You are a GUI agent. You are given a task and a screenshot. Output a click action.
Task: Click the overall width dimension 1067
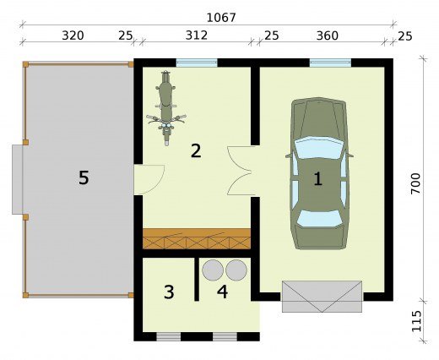click(221, 18)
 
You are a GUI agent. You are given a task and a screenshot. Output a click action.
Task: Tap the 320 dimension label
click(73, 35)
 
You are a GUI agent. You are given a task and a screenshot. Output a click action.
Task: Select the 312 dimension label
click(197, 35)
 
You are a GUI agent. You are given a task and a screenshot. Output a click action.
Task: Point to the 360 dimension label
click(328, 35)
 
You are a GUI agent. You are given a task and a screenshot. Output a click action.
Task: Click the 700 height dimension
click(415, 183)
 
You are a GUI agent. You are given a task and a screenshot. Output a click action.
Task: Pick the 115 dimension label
click(416, 321)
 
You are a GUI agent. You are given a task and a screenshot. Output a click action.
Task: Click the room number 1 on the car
click(318, 179)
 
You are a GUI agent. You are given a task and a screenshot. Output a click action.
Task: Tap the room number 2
click(196, 150)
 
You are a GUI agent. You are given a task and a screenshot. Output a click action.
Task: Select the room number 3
click(169, 292)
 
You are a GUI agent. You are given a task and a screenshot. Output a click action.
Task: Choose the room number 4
click(222, 292)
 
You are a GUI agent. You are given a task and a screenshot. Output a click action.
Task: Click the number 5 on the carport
click(84, 178)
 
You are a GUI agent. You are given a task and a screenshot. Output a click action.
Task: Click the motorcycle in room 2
click(166, 108)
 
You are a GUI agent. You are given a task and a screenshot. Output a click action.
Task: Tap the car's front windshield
click(319, 148)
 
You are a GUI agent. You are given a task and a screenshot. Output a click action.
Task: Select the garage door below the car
click(322, 297)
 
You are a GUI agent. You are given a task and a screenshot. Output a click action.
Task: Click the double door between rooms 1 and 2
click(241, 171)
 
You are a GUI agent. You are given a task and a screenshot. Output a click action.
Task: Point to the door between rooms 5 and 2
click(149, 179)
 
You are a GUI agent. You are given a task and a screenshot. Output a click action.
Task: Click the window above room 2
click(197, 63)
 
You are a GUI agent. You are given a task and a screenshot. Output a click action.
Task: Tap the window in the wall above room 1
click(330, 63)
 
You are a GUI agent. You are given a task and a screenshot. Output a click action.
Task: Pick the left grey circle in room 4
click(213, 270)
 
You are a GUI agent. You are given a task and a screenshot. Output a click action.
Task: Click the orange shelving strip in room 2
click(197, 239)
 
